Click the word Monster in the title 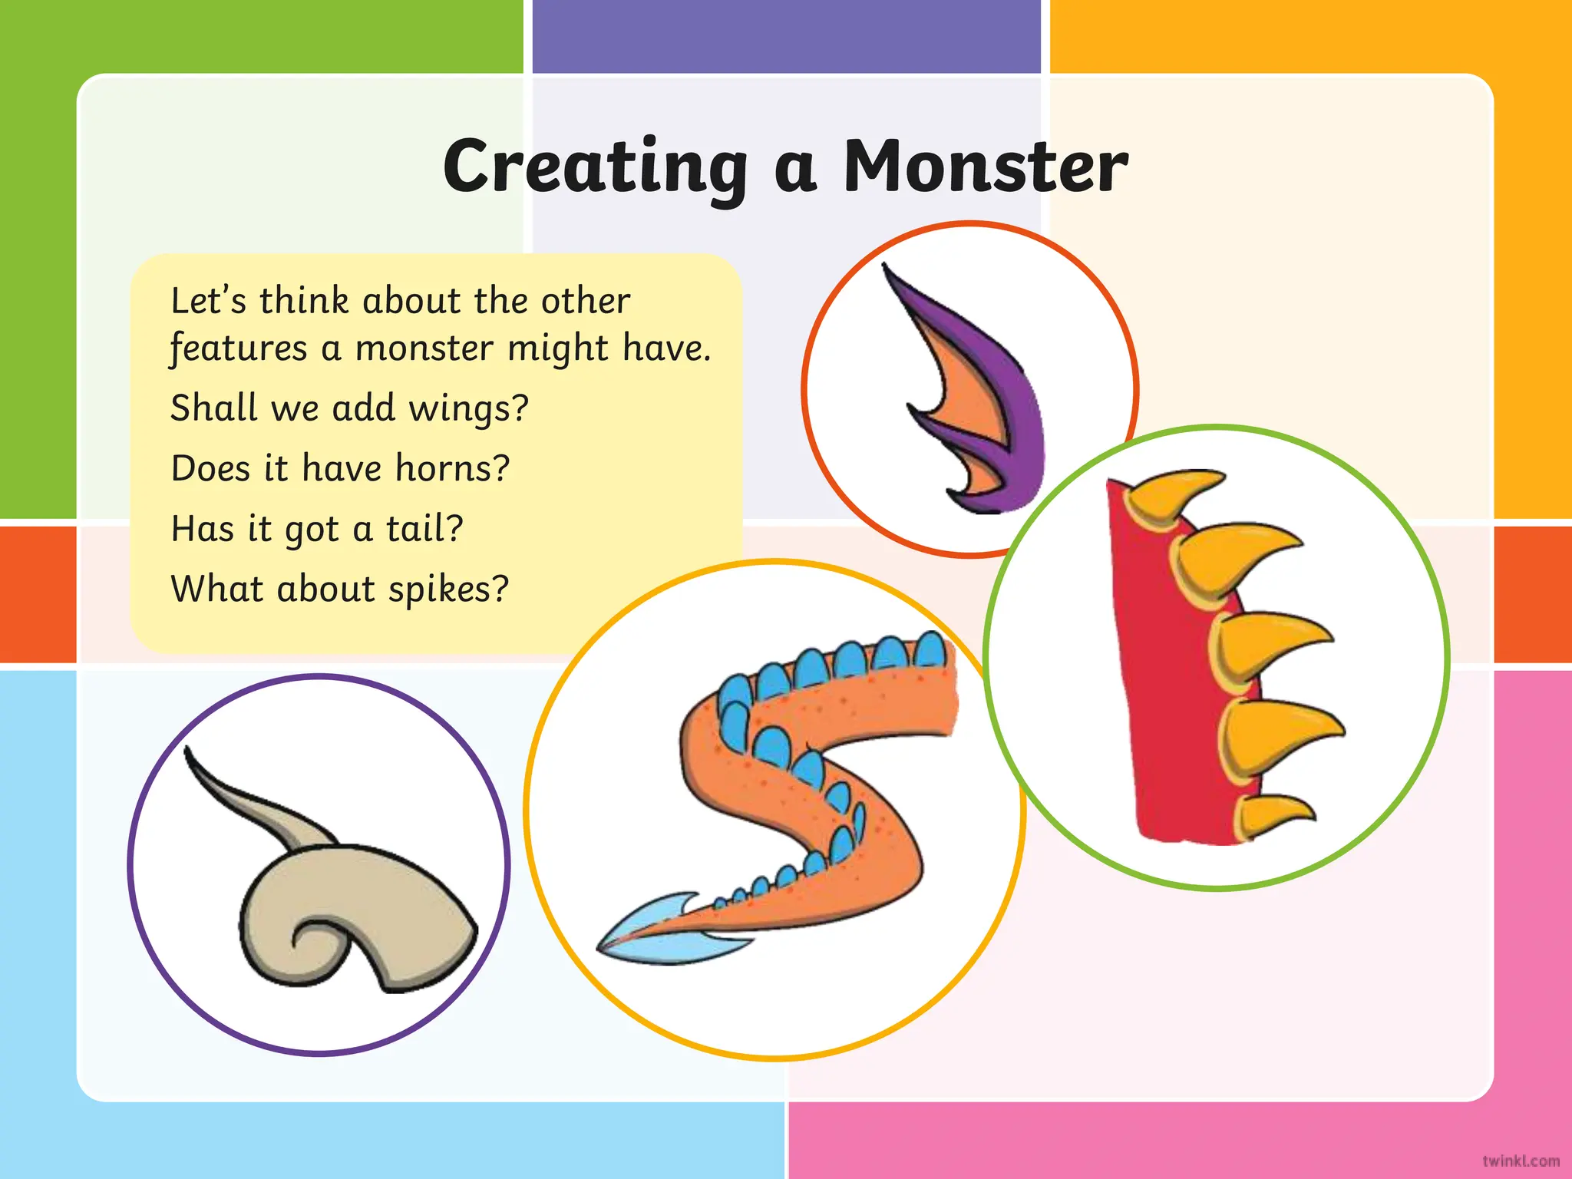(x=986, y=167)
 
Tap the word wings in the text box (x=467, y=408)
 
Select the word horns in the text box (x=451, y=467)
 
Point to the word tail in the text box (x=424, y=528)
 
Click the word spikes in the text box (x=447, y=589)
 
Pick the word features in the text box (x=238, y=348)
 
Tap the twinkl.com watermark (x=1521, y=1161)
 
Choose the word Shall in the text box (x=213, y=408)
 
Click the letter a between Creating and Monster (x=795, y=170)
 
